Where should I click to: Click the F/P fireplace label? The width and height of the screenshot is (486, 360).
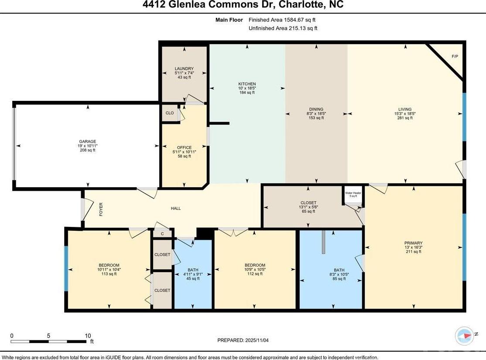click(x=455, y=56)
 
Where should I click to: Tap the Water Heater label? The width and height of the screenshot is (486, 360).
click(x=353, y=193)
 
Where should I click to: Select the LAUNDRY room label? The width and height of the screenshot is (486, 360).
click(x=184, y=69)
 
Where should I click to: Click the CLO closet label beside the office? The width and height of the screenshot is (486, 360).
click(x=170, y=113)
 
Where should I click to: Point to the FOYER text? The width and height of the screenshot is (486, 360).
click(x=101, y=209)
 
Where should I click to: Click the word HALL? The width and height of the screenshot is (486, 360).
click(x=176, y=209)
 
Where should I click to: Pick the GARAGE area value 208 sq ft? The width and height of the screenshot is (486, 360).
click(x=88, y=150)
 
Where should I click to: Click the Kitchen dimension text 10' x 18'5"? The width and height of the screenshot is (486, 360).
click(x=247, y=88)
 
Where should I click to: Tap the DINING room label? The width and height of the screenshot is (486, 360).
click(x=316, y=109)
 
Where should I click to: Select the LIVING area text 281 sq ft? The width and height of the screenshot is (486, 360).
click(x=405, y=118)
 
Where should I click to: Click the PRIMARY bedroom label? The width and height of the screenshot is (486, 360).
click(x=414, y=243)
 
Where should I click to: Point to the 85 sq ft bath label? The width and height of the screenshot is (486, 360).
click(x=339, y=279)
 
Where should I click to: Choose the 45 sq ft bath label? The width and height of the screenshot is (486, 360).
click(x=193, y=278)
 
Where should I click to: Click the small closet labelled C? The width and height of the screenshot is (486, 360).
click(x=162, y=234)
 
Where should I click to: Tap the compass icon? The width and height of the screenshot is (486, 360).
click(x=464, y=336)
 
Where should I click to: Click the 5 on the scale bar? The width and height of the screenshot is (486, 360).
click(x=48, y=336)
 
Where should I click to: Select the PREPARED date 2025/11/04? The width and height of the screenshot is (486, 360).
click(x=257, y=340)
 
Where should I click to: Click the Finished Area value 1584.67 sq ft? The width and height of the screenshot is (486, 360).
click(x=300, y=20)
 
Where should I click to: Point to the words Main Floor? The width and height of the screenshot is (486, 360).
click(x=229, y=20)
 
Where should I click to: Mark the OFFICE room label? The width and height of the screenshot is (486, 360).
click(x=184, y=147)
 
